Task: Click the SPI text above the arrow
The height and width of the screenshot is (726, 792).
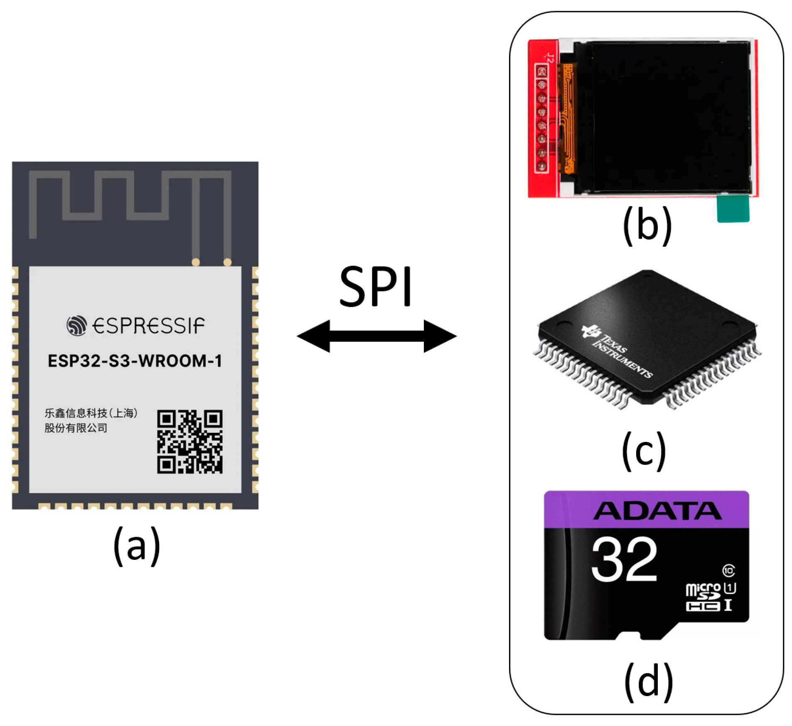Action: click(x=375, y=287)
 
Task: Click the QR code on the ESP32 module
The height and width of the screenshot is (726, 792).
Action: click(x=189, y=441)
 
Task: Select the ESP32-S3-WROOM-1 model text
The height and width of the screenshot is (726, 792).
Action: click(x=135, y=361)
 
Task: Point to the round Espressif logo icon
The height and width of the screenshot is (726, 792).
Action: click(x=77, y=325)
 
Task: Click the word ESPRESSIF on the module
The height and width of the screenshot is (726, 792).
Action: click(x=148, y=326)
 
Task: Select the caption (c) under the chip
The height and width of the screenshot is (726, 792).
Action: click(x=643, y=451)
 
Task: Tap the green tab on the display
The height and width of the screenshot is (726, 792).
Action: click(x=733, y=209)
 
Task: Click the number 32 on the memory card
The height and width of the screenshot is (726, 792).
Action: click(x=624, y=559)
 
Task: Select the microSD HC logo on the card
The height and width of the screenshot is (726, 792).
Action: click(x=703, y=597)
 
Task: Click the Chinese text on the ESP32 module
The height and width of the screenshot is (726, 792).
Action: click(x=91, y=420)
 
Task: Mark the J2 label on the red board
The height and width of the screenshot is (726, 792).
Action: click(x=551, y=57)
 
